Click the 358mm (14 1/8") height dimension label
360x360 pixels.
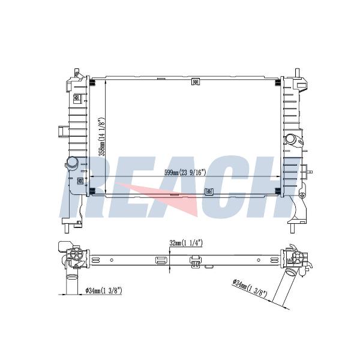[x=102, y=137]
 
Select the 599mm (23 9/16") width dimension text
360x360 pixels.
[x=185, y=173]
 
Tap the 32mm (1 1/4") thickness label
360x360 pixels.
[x=186, y=243]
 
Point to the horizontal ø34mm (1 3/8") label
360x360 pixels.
[x=104, y=290]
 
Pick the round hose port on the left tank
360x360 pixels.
[x=73, y=163]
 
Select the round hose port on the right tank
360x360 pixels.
[x=290, y=139]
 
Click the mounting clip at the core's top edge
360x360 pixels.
[x=196, y=82]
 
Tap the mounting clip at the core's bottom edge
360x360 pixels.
[x=209, y=191]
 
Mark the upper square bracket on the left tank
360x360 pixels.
[x=76, y=98]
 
